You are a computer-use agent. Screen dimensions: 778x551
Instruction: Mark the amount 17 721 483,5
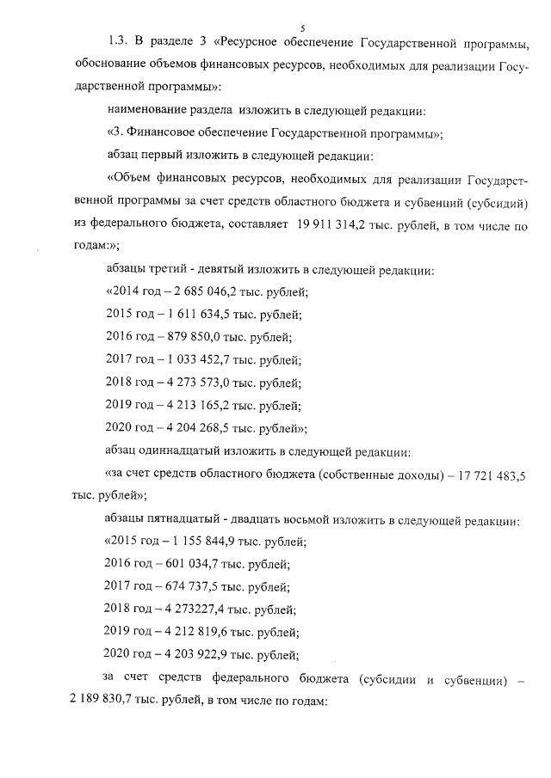pyautogui.click(x=492, y=473)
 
